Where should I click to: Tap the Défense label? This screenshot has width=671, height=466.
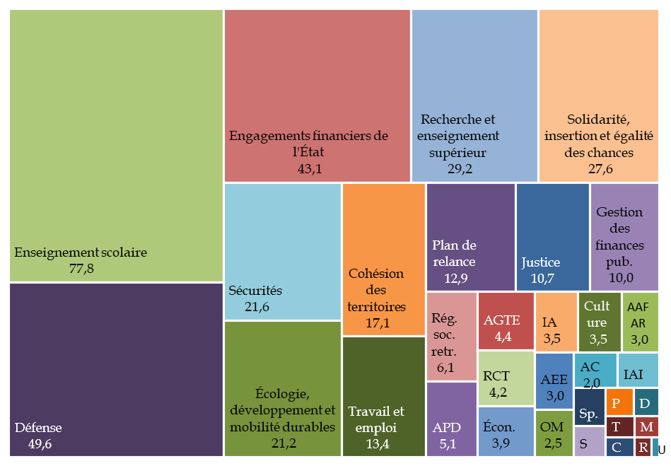[38, 427]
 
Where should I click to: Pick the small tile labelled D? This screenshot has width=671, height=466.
[645, 403]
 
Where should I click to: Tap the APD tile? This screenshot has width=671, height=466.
[451, 419]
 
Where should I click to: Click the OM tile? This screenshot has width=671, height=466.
[552, 433]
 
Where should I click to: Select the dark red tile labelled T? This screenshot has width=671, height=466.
[617, 426]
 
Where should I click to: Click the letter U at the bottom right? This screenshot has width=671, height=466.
[662, 449]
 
